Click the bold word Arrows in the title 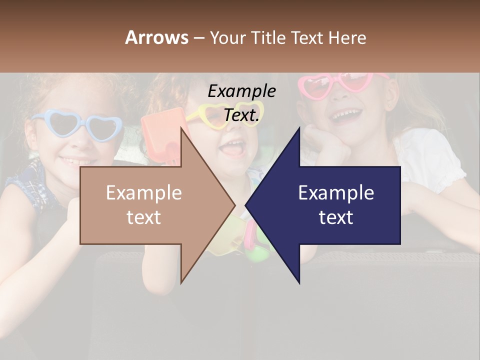157,37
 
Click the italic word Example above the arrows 241,91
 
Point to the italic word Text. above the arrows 241,115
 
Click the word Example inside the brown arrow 144,193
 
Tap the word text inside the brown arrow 144,217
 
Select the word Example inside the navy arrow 336,193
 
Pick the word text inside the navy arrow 336,217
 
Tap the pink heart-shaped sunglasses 345,85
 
